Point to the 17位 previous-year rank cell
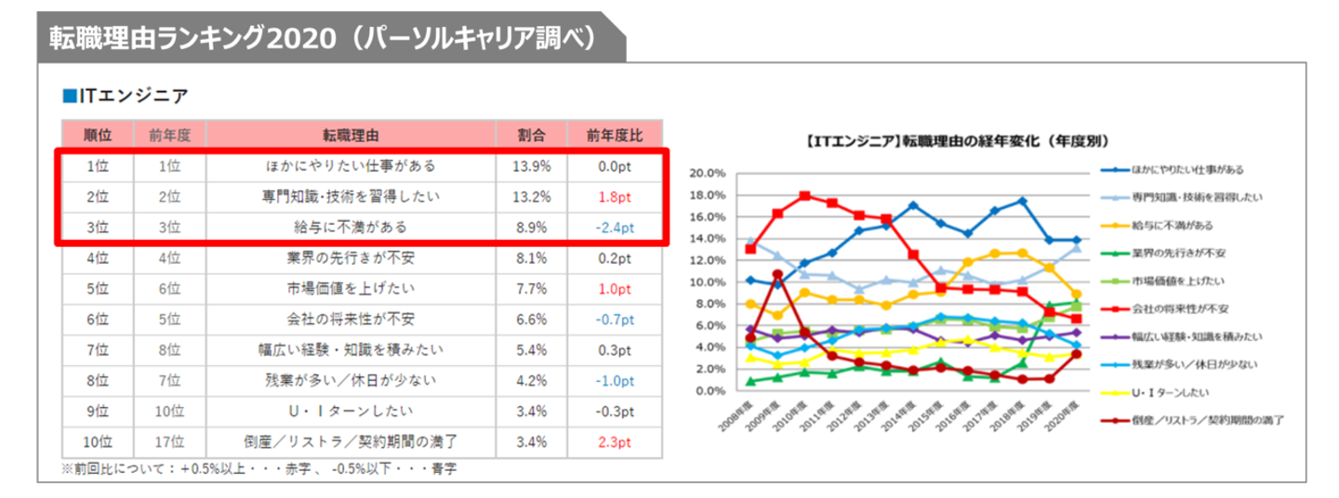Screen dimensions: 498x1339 [x=169, y=441]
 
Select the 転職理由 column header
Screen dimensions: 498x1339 [x=351, y=134]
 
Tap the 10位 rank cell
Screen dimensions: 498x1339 [x=97, y=441]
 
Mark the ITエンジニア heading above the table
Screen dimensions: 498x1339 [x=131, y=94]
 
